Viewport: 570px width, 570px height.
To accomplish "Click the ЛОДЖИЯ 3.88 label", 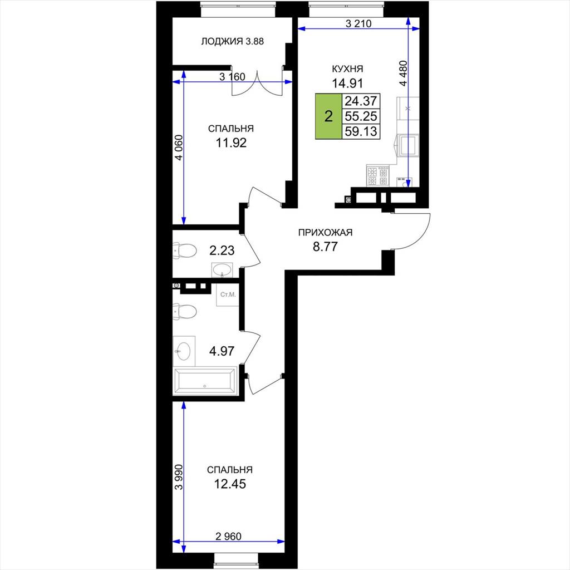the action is tap(232, 41).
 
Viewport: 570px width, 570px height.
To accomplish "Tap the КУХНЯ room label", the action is tap(347, 68).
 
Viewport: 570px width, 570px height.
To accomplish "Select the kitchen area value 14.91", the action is tap(347, 83).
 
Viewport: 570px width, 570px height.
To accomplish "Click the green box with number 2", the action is tap(328, 116).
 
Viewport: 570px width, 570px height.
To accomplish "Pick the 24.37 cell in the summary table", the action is tap(361, 101).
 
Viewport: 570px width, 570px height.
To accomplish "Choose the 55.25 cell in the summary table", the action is tap(361, 116).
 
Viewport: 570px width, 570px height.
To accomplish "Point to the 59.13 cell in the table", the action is tap(361, 131).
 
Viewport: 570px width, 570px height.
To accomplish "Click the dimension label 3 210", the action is tap(358, 24).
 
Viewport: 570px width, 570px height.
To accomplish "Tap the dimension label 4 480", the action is tap(403, 73).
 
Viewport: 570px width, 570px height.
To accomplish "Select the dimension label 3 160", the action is tap(232, 77).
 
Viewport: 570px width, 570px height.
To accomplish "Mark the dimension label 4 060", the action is tap(179, 148).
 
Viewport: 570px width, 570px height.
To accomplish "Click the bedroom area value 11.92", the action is tap(231, 143).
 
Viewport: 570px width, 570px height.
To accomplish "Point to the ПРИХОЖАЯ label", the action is tap(325, 232).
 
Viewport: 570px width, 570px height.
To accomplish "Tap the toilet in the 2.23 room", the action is tap(185, 250).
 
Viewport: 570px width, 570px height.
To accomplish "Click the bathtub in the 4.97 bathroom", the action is tap(205, 381).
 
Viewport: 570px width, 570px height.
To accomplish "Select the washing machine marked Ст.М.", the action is tap(228, 294).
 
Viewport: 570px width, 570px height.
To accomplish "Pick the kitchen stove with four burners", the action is tap(378, 175).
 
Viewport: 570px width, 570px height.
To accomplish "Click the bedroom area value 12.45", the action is tap(230, 484).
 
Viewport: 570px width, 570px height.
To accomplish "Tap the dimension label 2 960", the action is tap(228, 536).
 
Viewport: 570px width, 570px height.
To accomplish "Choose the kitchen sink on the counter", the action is tap(407, 145).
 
